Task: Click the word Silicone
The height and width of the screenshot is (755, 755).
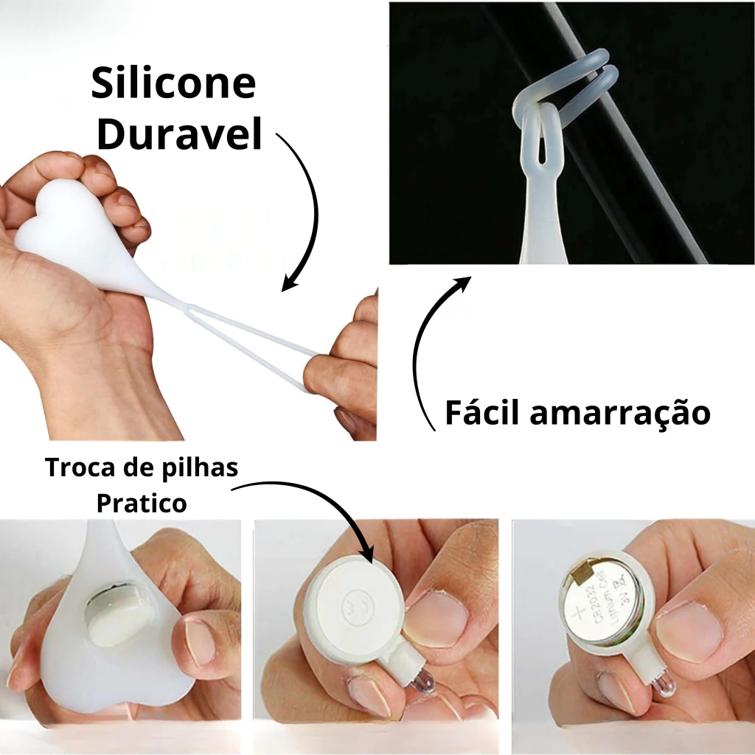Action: pos(173,83)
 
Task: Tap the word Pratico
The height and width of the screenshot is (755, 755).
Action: pos(142,503)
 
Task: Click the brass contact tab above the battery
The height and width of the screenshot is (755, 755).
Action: pos(582,573)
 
